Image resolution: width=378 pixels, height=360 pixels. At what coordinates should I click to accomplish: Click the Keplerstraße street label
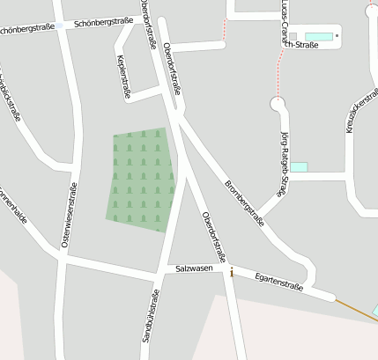123,77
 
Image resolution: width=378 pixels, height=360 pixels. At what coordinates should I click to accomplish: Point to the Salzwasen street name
195,268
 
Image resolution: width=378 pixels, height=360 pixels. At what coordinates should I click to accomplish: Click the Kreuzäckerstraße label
362,108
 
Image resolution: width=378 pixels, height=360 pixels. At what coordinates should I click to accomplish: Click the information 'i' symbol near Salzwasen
232,274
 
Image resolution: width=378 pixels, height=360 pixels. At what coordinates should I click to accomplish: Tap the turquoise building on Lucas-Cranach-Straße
319,37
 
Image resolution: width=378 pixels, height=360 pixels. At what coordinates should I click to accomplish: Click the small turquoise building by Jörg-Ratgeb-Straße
300,166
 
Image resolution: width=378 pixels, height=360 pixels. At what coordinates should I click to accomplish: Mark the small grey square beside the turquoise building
337,37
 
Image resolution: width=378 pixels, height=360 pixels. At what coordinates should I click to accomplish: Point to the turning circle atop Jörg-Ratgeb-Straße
279,105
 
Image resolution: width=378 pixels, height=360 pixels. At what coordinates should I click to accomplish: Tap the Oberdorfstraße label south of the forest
213,237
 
